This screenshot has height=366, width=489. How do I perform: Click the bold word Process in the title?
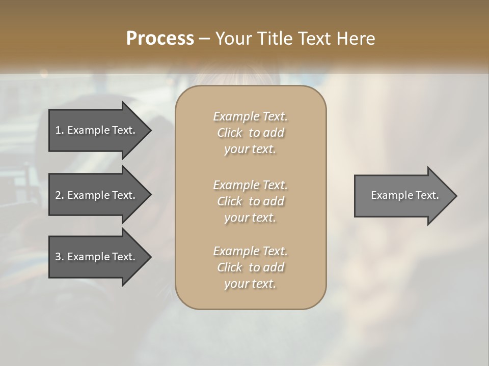pyautogui.click(x=160, y=39)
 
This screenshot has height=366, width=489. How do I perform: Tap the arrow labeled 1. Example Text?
pyautogui.click(x=97, y=130)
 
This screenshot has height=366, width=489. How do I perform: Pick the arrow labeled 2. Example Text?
pyautogui.click(x=97, y=195)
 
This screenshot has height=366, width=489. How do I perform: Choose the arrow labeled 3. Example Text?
pyautogui.click(x=97, y=257)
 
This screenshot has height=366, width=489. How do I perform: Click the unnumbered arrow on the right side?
pyautogui.click(x=402, y=196)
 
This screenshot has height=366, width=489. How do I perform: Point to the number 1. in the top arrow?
pyautogui.click(x=60, y=130)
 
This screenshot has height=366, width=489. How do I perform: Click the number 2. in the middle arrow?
pyautogui.click(x=60, y=195)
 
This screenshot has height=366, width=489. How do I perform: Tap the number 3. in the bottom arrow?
pyautogui.click(x=60, y=257)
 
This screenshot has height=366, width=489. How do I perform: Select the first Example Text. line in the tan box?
pyautogui.click(x=250, y=116)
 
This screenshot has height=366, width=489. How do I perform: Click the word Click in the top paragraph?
pyautogui.click(x=230, y=133)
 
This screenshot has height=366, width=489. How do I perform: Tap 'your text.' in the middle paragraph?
pyautogui.click(x=250, y=218)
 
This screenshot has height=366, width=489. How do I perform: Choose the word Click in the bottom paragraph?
pyautogui.click(x=230, y=267)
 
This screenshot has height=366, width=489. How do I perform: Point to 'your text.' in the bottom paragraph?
pyautogui.click(x=250, y=284)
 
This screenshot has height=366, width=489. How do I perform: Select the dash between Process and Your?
pyautogui.click(x=204, y=39)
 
